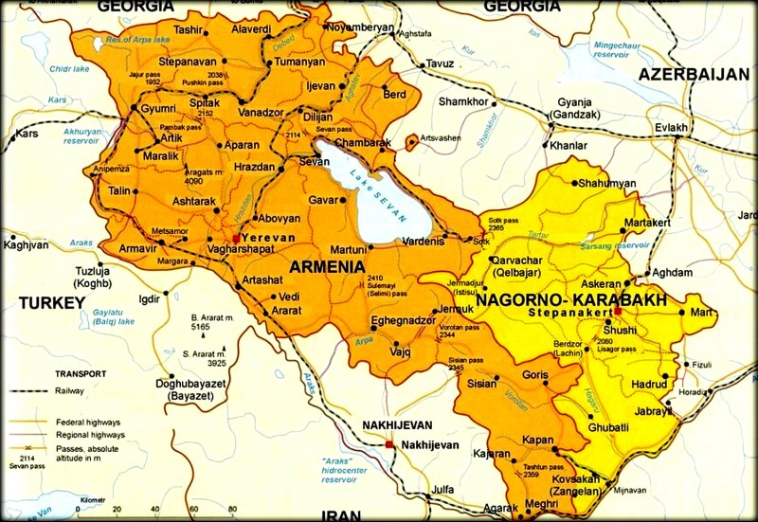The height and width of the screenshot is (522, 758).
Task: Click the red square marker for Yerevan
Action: (x=236, y=238)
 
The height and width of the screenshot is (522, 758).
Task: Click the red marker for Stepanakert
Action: (x=617, y=311)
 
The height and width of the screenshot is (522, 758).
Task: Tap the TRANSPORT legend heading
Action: (x=81, y=373)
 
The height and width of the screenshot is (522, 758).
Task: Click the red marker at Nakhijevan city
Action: (x=389, y=443)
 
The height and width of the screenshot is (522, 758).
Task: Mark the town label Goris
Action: (x=535, y=375)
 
